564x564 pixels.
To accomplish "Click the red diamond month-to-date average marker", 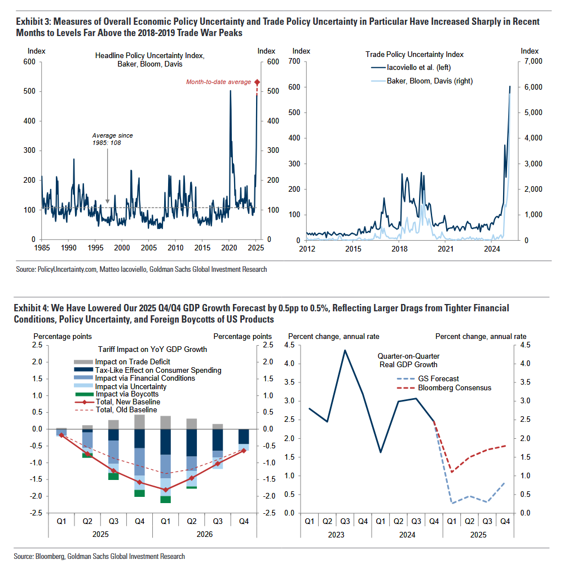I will pos(257,82).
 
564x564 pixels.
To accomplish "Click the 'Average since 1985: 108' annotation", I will pos(113,139).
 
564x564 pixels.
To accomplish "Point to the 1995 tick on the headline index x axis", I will pos(95,248).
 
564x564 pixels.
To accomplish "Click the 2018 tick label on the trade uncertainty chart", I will pos(400,248).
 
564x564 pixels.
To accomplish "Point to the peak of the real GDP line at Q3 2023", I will pos(345,350).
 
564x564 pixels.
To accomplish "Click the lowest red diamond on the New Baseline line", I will pos(165,490).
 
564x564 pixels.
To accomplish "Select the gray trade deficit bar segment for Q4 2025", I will pos(139,421).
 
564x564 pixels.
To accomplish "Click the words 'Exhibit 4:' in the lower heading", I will pos(33,308).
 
